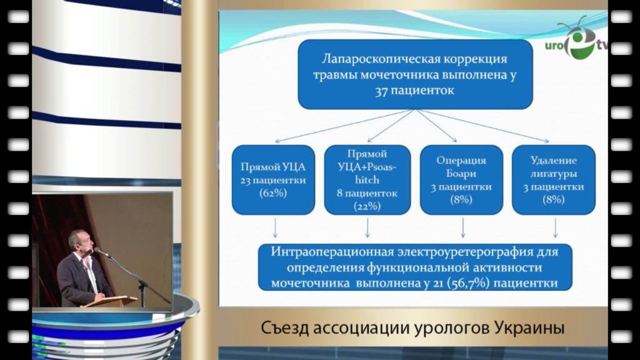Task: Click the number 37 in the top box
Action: tap(381, 91)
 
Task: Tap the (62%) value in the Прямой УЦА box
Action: tap(273, 193)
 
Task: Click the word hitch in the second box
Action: tap(367, 180)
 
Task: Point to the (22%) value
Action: tap(367, 206)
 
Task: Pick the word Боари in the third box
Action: tap(461, 174)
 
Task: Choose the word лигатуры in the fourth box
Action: tap(554, 174)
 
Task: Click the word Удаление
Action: tap(554, 161)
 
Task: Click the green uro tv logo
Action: tap(577, 41)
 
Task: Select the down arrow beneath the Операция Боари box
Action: tap(463, 227)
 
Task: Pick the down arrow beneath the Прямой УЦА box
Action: tap(275, 227)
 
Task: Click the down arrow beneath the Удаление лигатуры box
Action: tap(555, 227)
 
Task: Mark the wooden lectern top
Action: tap(109, 301)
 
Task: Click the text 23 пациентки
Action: tap(273, 180)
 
